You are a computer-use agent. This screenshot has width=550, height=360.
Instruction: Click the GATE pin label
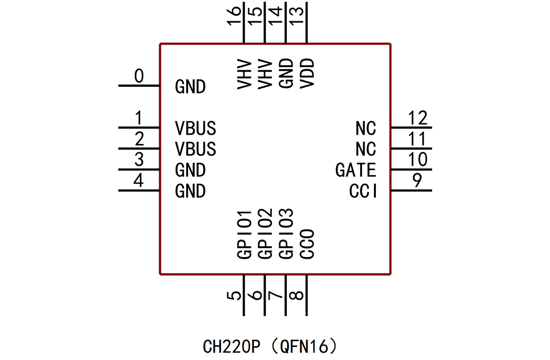[x=356, y=171]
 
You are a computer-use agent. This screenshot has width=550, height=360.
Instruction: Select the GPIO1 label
[x=244, y=234]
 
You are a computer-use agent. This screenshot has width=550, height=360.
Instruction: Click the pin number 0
[x=139, y=77]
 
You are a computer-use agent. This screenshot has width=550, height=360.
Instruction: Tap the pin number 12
[x=418, y=118]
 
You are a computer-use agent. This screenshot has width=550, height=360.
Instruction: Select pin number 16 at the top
[x=235, y=18]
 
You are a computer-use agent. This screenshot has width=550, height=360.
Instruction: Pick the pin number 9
[x=417, y=181]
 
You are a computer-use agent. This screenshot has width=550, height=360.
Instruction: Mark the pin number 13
[x=297, y=18]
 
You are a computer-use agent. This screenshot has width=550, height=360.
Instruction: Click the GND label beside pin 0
[x=190, y=87]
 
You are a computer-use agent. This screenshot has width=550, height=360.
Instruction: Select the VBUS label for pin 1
[x=195, y=128]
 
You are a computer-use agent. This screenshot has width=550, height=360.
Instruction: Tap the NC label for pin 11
[x=366, y=150]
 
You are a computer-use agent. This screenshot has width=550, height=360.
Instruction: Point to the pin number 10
[x=418, y=160]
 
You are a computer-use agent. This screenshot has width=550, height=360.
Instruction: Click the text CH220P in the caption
[x=231, y=347]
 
